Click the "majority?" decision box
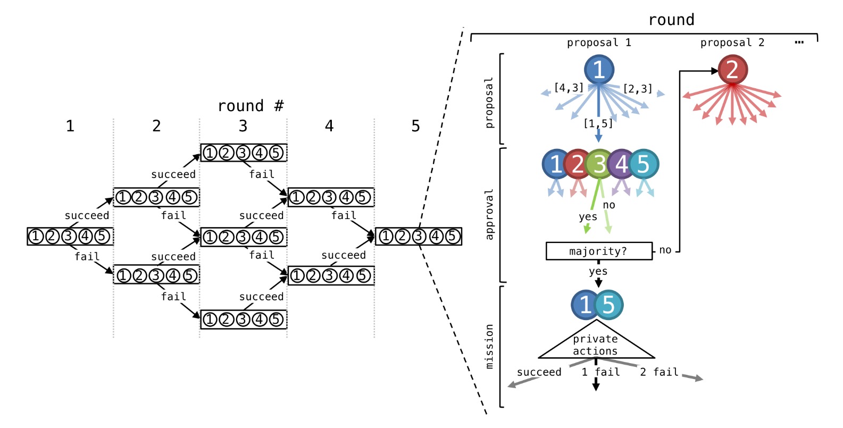click(x=599, y=251)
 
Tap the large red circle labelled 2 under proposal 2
click(x=732, y=70)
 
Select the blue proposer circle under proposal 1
click(x=599, y=70)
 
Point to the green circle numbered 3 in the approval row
click(x=599, y=164)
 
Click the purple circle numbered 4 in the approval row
click(x=621, y=164)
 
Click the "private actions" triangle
click(x=596, y=343)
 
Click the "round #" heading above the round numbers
click(x=251, y=106)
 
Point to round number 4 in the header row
click(x=329, y=126)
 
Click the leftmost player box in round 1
click(x=70, y=236)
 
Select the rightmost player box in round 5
click(x=419, y=236)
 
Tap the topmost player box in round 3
click(x=244, y=153)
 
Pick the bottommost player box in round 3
click(x=244, y=320)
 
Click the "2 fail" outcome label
click(x=659, y=372)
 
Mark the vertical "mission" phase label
click(x=489, y=346)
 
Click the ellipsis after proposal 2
click(x=799, y=43)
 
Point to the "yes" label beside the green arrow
click(x=588, y=217)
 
